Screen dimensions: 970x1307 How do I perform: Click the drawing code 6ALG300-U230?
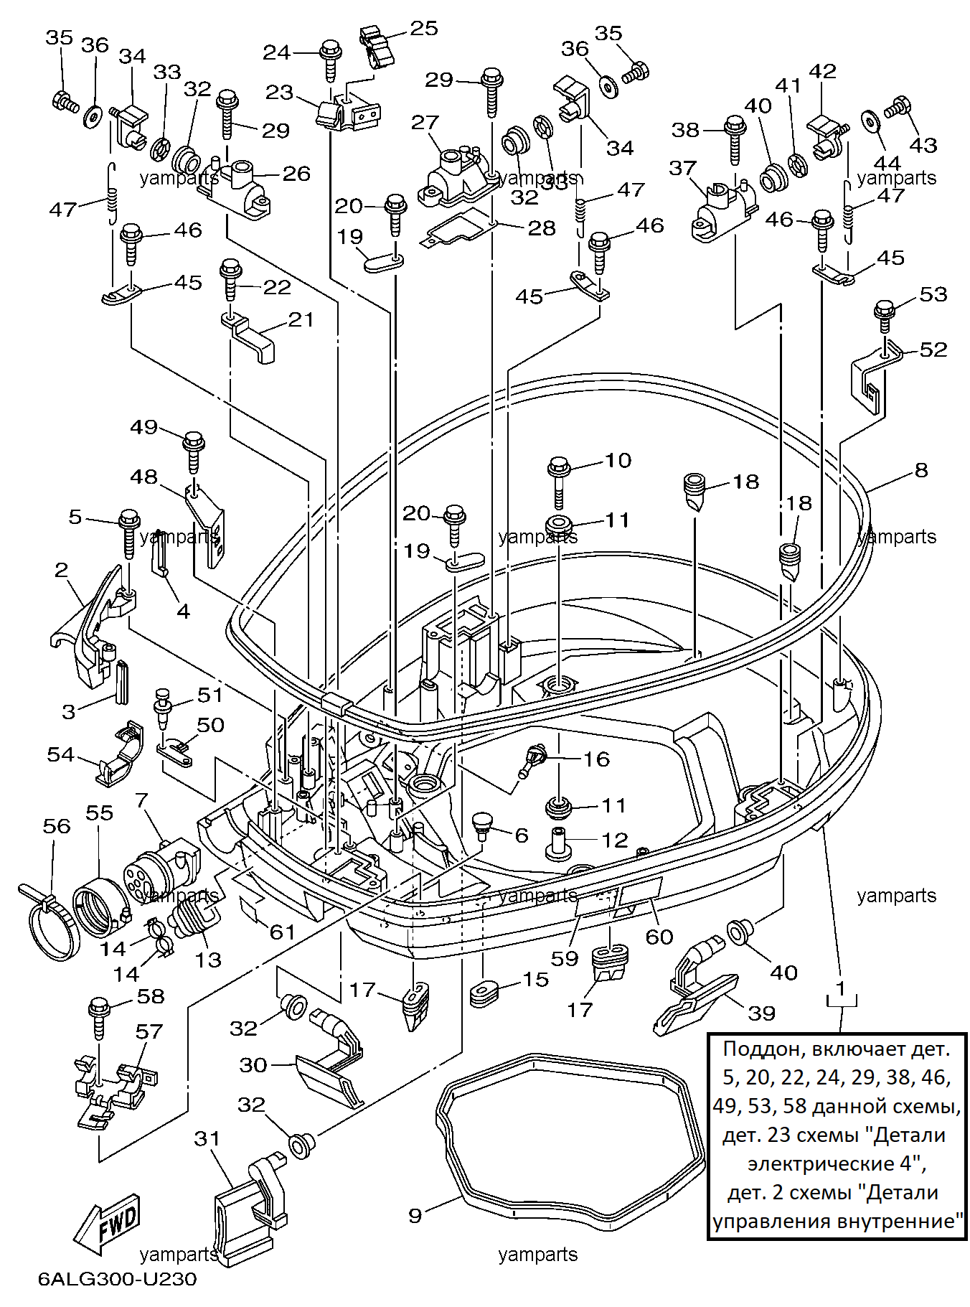pos(118,1279)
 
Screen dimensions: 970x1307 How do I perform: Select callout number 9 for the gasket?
pos(415,1215)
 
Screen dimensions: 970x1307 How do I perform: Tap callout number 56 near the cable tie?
pos(57,826)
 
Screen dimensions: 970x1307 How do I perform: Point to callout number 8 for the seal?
pos(921,470)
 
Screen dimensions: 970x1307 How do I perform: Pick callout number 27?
pos(425,122)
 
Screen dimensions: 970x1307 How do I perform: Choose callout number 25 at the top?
pos(424,28)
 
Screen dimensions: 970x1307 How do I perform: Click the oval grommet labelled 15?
pos(485,993)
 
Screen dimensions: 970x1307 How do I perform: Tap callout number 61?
pos(283,932)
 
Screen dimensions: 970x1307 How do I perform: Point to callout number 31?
pos(207,1138)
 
